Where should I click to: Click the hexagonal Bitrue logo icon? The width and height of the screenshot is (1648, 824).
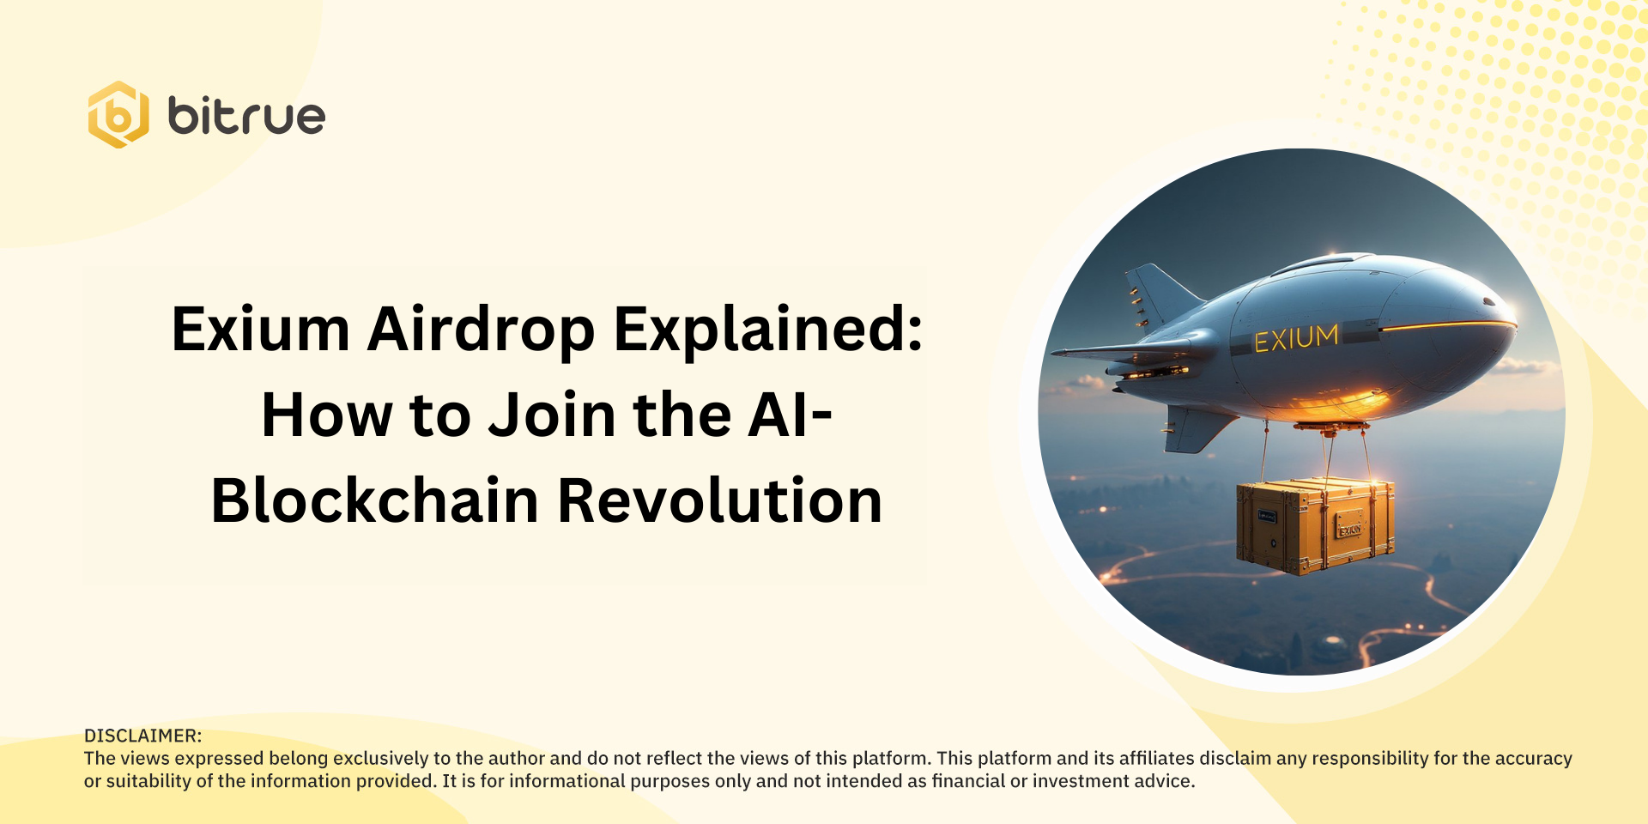click(118, 115)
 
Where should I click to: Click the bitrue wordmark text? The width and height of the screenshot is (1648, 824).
click(246, 117)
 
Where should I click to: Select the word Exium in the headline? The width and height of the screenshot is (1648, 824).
click(261, 330)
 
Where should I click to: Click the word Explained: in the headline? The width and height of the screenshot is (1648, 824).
click(768, 330)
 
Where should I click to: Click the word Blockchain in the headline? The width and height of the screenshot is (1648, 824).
click(375, 501)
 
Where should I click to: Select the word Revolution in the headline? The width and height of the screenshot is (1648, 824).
click(720, 501)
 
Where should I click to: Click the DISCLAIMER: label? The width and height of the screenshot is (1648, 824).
click(142, 736)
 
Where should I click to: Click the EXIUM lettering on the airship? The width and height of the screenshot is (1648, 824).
click(1296, 338)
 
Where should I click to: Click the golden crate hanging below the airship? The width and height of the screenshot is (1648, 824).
click(1315, 525)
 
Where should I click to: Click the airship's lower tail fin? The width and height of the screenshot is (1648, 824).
click(1193, 429)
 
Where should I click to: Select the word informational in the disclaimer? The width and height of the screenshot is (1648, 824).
click(567, 781)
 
